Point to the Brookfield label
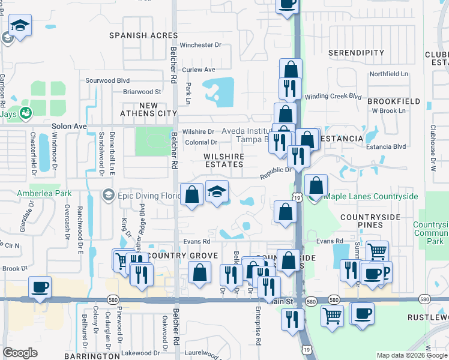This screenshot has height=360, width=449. [394, 101]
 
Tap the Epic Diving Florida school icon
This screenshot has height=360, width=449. [109, 194]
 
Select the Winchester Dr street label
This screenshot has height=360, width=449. [201, 45]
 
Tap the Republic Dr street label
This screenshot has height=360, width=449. [276, 173]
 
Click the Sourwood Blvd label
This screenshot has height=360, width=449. [107, 80]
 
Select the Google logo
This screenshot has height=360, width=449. [20, 352]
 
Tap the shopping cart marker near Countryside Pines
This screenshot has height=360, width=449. [377, 251]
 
